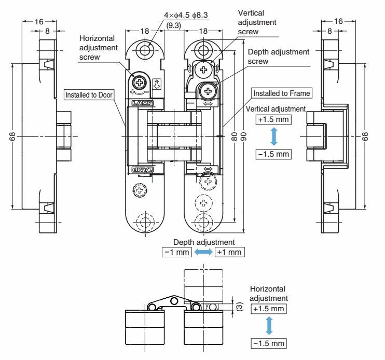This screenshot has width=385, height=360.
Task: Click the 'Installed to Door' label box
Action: click(89, 95)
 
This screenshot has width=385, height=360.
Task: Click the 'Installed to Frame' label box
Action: click(282, 93)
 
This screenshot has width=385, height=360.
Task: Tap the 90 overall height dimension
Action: click(243, 136)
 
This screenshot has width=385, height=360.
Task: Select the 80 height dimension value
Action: click(235, 136)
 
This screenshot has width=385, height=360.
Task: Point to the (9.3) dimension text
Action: click(174, 25)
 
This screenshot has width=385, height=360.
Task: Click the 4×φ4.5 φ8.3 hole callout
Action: click(186, 15)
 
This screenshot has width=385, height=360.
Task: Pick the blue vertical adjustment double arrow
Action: click(274, 137)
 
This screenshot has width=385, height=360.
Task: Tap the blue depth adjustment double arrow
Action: click(203, 252)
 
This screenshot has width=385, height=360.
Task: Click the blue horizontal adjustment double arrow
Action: click(269, 326)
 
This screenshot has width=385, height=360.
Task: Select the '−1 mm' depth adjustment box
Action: click(177, 252)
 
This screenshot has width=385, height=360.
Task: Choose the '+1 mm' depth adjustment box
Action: click(229, 252)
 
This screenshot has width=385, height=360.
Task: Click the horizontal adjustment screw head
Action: click(139, 82)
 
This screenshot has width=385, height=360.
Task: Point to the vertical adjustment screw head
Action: click(203, 70)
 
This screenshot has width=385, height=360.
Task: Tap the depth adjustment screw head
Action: click(208, 91)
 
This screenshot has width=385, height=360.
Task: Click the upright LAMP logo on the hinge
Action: click(142, 103)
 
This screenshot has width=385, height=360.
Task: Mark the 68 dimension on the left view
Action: click(12, 136)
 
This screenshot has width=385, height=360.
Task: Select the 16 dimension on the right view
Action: click(338, 21)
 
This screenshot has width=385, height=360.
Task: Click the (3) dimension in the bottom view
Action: click(240, 307)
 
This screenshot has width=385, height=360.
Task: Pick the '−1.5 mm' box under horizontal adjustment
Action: click(269, 343)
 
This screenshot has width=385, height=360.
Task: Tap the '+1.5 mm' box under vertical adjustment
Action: click(273, 119)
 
